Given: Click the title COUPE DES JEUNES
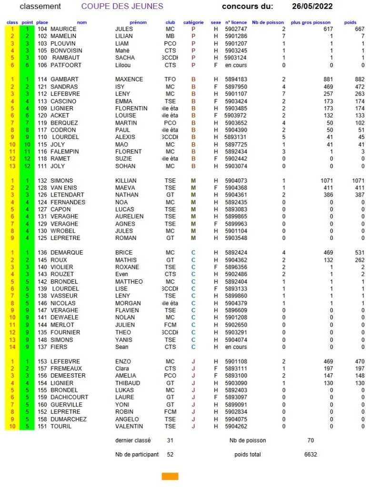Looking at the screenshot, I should [122, 7].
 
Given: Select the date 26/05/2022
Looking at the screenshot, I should [312, 7].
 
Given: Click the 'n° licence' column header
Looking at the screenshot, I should [236, 22].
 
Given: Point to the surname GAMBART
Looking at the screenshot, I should [64, 80].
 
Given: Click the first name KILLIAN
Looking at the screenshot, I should [126, 181].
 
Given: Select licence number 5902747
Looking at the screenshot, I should [236, 30].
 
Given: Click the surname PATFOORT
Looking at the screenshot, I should [65, 65].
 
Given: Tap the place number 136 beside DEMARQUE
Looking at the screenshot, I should [42, 253].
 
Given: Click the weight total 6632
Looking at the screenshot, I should [311, 455].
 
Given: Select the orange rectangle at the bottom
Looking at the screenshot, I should [170, 476].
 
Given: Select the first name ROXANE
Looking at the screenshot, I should [127, 268].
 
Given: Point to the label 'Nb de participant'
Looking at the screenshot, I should [137, 455].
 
